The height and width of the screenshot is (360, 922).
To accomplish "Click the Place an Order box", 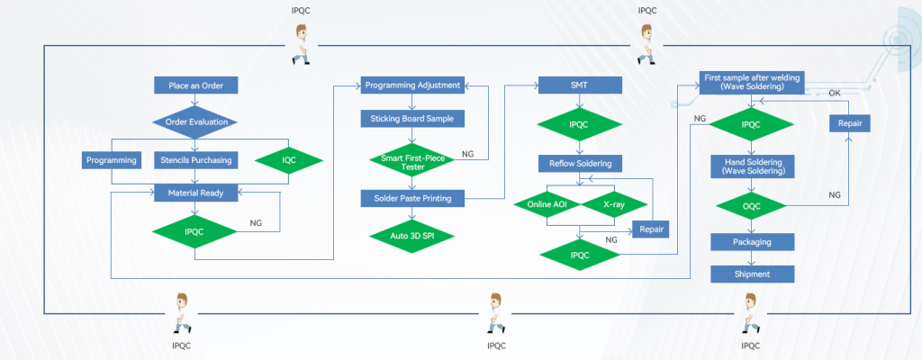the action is [196, 85].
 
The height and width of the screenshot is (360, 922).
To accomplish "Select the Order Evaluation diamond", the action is [194, 122].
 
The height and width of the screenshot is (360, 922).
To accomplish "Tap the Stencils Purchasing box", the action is [195, 160].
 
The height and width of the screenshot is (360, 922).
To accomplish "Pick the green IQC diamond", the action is [289, 160].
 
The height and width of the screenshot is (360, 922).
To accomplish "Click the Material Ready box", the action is [195, 193].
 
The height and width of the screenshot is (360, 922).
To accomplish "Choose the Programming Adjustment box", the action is [412, 85].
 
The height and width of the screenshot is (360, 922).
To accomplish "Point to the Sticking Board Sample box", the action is [412, 119].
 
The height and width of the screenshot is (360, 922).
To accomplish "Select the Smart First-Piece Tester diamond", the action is [412, 160].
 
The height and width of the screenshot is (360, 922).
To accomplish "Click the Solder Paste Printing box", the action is [412, 199].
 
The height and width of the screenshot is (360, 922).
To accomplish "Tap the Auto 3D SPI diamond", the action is [412, 236].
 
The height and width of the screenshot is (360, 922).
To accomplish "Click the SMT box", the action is [580, 85].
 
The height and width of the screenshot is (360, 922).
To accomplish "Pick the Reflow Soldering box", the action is [580, 164].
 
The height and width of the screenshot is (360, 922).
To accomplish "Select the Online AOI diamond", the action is [547, 205].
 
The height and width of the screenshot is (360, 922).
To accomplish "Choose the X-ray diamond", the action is [614, 205].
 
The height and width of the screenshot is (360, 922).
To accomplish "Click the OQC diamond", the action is [751, 205].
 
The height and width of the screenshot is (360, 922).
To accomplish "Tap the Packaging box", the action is [752, 242].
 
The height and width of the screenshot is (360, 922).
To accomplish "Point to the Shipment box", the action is [752, 274].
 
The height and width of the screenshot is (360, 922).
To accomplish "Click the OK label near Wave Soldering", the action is [835, 93].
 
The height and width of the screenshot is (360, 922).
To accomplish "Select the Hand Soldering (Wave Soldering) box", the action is [752, 166].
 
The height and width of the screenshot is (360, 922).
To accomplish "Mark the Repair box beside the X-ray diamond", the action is [651, 229].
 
